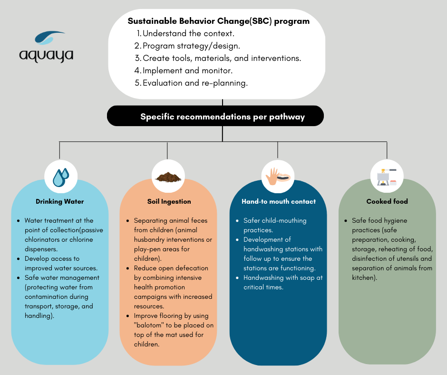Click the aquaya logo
coord(47,46)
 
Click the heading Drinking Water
coord(59,201)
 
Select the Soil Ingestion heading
coord(169,201)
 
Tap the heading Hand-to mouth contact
coord(278,201)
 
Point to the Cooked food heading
coord(387,201)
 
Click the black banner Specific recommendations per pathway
coord(222,117)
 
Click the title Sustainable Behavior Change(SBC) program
coord(218,21)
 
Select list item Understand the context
coord(188,34)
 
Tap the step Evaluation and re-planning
coord(195,83)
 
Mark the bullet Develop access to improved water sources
coord(61,263)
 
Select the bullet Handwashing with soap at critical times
coord(283,282)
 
